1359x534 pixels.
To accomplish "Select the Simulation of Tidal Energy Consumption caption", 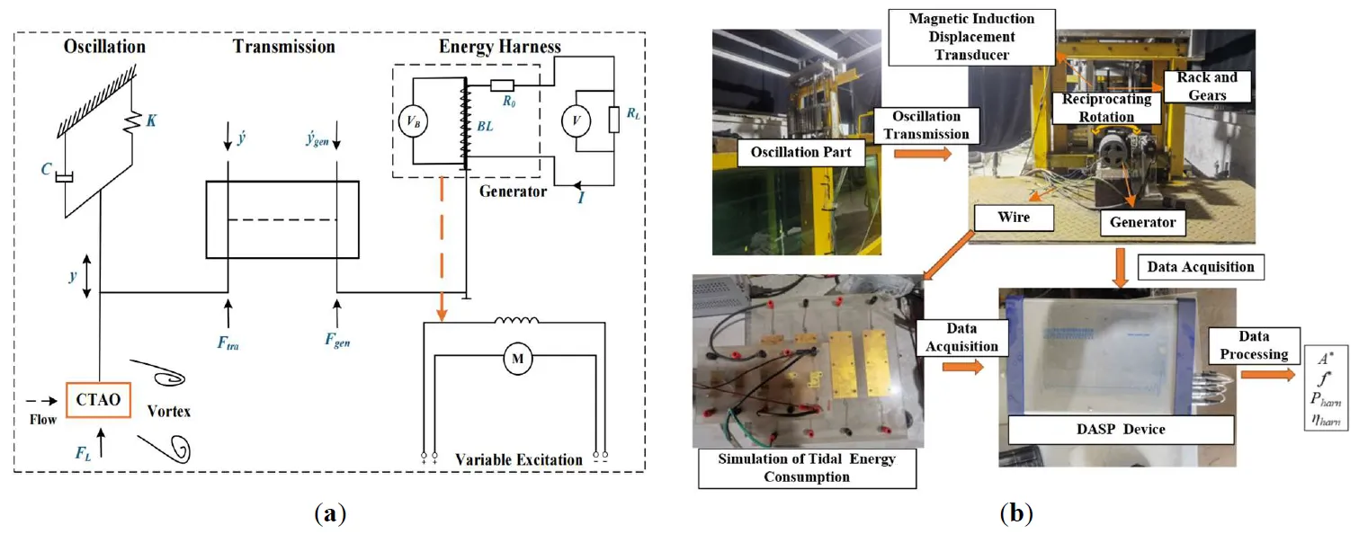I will (805, 468).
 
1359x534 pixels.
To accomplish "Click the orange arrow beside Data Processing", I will (1269, 373).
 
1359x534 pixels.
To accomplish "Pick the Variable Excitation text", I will (518, 460).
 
